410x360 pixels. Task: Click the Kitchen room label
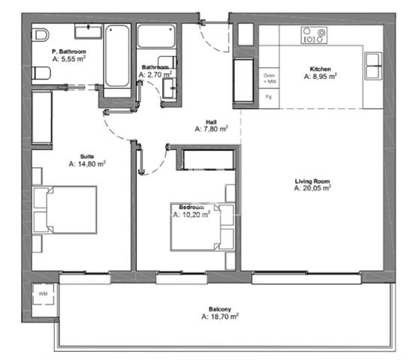click(321, 69)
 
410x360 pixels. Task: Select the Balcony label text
click(220, 309)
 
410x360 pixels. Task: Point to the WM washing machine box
click(43, 294)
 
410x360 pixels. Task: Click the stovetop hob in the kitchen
click(314, 35)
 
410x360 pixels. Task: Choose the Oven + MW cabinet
click(270, 78)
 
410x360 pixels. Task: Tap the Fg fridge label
click(269, 97)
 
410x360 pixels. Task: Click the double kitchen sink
click(373, 66)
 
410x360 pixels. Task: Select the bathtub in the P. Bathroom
click(117, 56)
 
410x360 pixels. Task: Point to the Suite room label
click(87, 157)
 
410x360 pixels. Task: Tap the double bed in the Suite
click(65, 210)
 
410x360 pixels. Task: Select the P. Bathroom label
click(69, 52)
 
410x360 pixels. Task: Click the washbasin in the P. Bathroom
click(88, 31)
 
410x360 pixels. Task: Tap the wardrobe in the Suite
click(42, 117)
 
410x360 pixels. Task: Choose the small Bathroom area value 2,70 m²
click(155, 75)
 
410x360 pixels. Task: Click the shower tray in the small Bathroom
click(156, 36)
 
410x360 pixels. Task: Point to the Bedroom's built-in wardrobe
click(209, 160)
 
